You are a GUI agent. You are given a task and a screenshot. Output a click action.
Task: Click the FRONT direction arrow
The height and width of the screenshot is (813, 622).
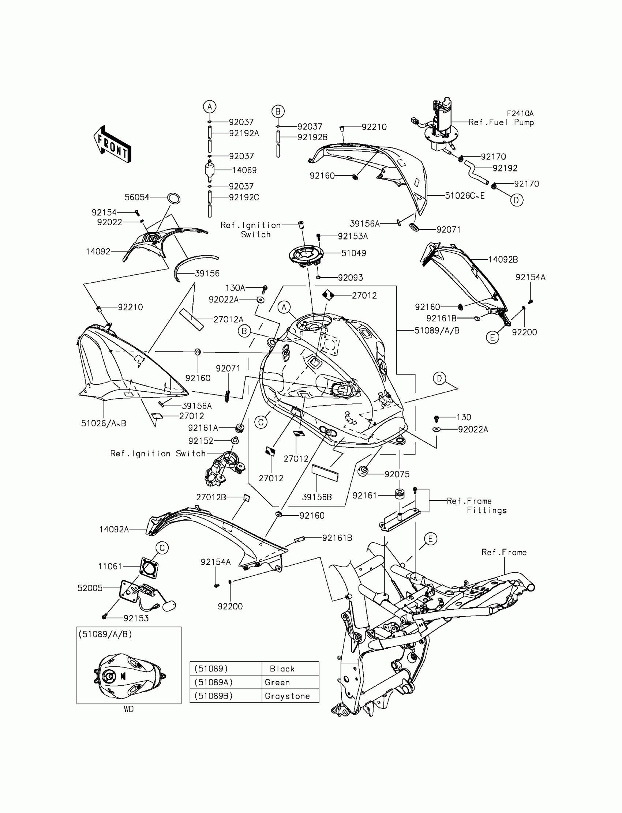113,145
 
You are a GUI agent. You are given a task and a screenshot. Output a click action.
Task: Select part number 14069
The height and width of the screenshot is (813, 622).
244,170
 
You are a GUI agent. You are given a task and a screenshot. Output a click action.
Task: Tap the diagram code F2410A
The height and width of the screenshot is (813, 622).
520,114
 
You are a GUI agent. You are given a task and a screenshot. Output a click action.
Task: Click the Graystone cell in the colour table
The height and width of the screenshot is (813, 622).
287,696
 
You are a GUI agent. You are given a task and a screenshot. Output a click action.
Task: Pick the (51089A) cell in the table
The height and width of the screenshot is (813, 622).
214,682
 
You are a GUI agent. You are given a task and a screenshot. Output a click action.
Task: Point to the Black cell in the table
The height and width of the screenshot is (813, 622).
282,669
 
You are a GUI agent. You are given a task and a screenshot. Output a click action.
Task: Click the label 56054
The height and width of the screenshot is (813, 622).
136,197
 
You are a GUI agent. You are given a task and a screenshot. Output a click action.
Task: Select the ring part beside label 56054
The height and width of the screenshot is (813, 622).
174,198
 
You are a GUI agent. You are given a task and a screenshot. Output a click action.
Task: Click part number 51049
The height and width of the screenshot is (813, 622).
353,253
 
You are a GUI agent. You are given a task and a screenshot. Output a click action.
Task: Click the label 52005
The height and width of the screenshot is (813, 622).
90,588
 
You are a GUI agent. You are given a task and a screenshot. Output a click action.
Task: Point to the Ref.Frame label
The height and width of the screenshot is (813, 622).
503,552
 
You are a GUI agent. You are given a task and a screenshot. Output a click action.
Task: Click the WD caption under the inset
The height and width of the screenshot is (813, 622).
128,709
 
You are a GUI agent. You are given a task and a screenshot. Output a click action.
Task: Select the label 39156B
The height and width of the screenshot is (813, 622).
316,497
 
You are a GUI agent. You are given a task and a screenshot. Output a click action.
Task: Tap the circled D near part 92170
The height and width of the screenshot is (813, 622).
517,200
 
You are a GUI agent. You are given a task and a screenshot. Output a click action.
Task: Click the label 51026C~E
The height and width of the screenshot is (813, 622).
464,196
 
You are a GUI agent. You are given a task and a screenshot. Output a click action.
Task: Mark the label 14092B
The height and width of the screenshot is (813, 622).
503,259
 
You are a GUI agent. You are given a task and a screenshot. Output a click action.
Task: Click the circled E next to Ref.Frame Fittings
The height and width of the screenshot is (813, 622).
430,539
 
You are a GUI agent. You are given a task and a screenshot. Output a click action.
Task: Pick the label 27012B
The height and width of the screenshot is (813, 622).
211,497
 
